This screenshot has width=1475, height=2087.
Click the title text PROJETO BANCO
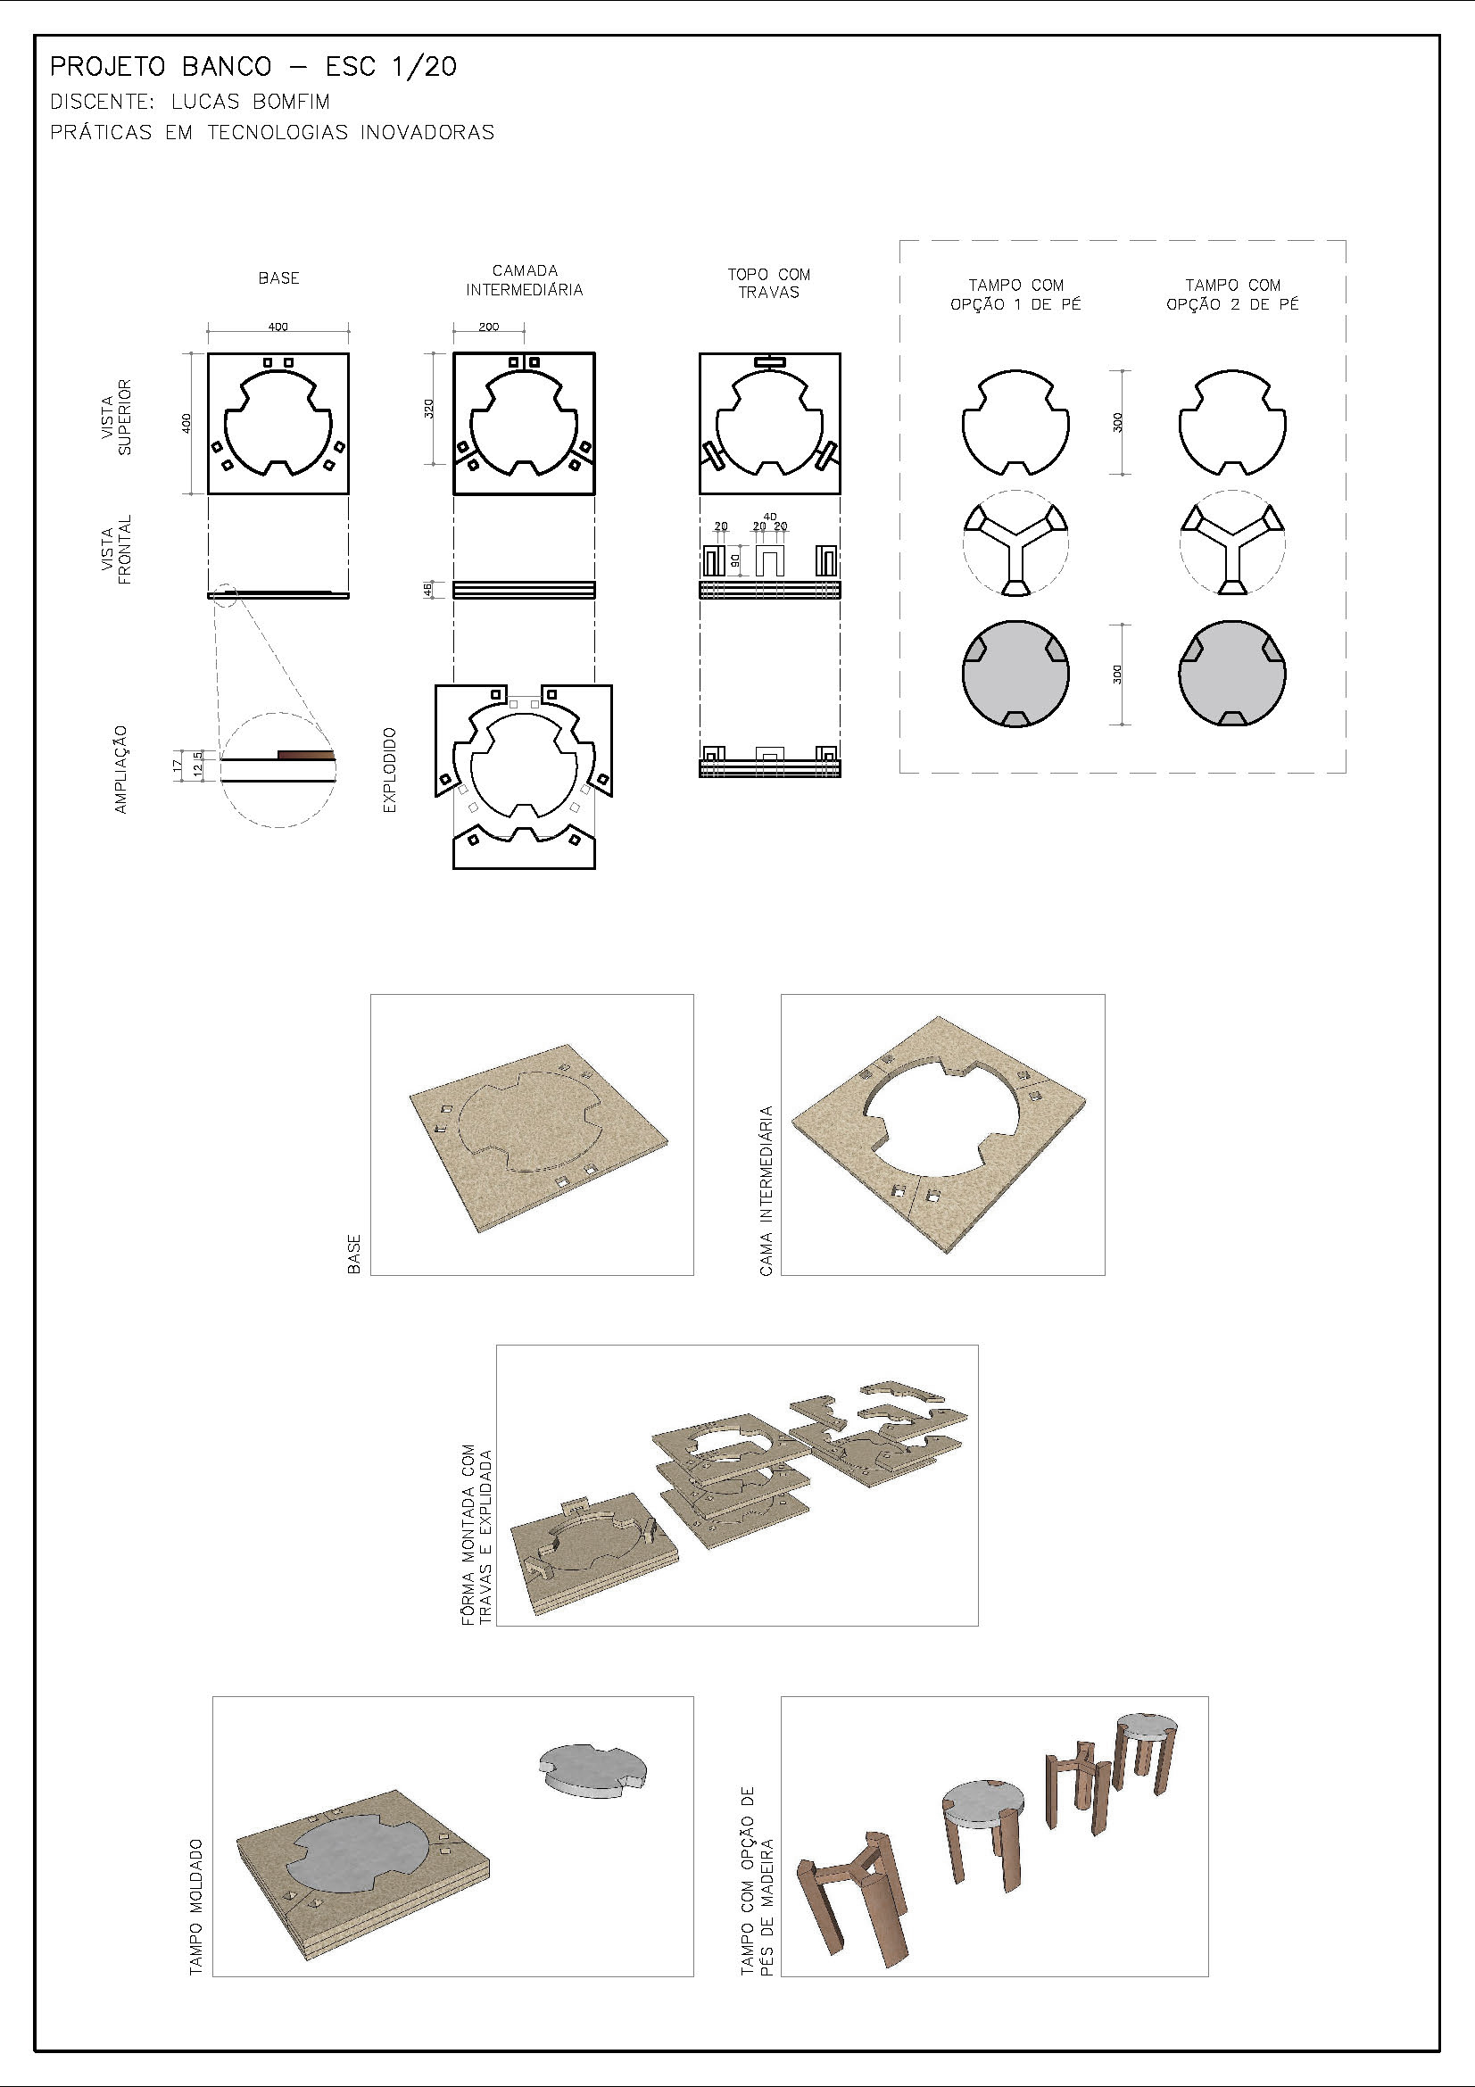161,67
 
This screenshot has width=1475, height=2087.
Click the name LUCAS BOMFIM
250,102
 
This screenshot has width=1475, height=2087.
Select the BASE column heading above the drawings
278,278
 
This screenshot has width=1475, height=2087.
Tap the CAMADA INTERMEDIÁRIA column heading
525,280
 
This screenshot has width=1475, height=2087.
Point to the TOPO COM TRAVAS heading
768,283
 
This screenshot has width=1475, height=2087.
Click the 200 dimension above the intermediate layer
489,327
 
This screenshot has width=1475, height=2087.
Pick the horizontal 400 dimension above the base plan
278,327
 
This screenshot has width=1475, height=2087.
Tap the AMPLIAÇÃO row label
120,769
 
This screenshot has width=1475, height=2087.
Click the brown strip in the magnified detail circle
305,754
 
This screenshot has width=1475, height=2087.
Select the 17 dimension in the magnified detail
178,766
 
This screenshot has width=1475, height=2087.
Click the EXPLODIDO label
390,769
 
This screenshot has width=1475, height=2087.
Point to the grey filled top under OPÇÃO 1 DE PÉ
1015,675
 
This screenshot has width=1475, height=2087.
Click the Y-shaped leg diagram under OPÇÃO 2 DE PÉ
1232,543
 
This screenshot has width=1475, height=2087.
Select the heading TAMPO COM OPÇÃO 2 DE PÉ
1232,294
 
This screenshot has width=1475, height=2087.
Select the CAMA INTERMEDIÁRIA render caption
767,1191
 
